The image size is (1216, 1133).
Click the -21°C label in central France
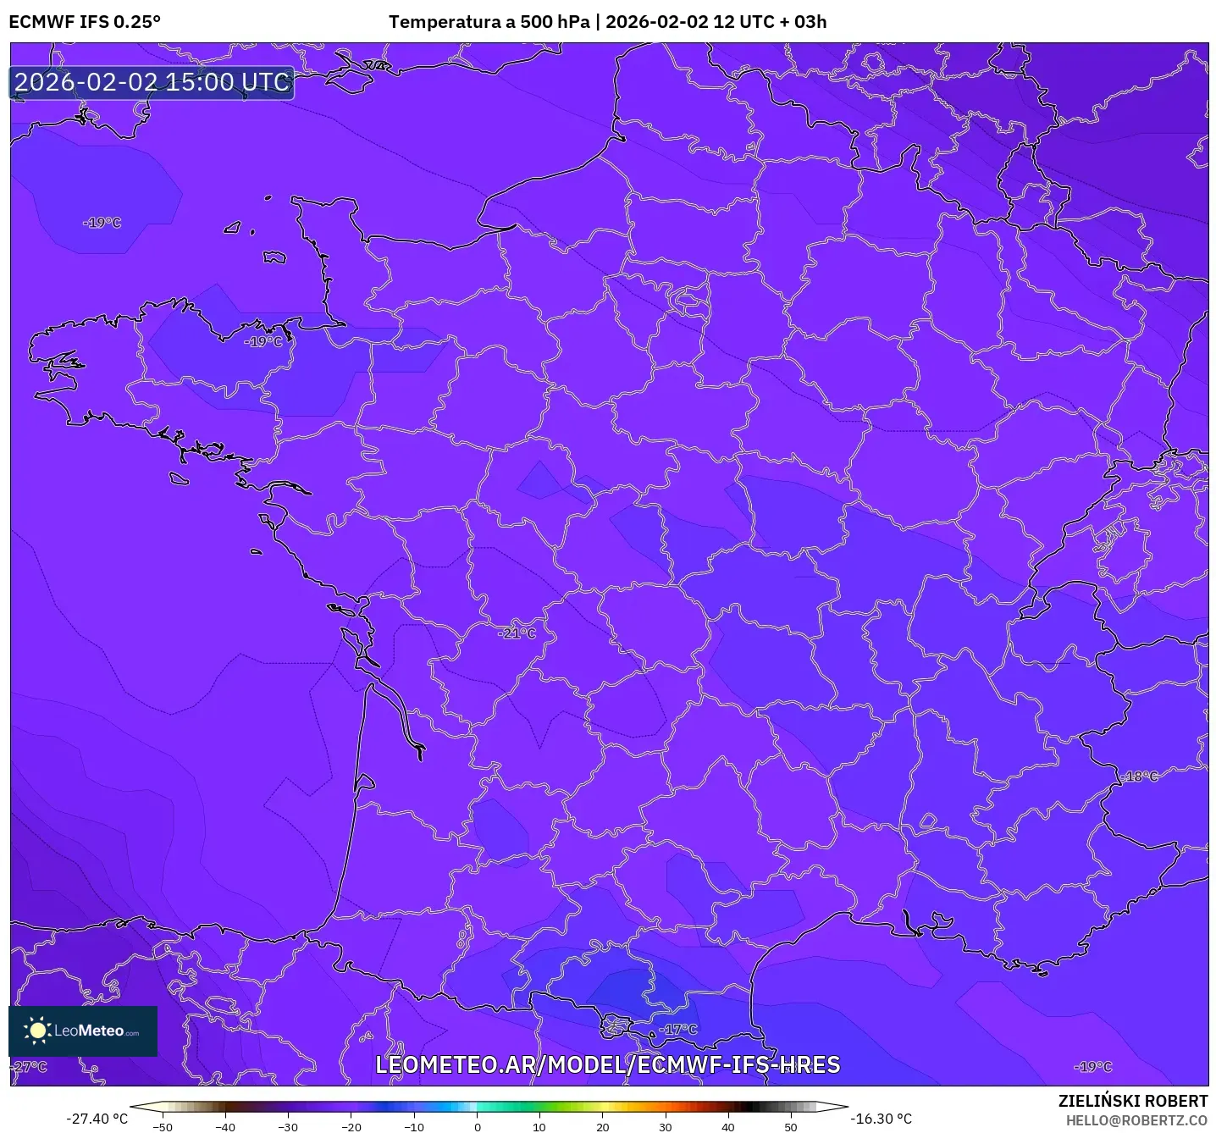click(517, 633)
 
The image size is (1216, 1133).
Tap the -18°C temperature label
click(1140, 776)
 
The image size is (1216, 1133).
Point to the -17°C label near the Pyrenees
click(679, 1029)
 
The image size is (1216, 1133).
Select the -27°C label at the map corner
click(30, 1066)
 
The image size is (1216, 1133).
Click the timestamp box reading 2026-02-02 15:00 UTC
click(152, 82)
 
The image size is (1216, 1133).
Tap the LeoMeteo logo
click(83, 1031)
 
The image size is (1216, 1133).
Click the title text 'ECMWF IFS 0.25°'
click(85, 22)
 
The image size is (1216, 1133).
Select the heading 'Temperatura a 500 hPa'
click(489, 22)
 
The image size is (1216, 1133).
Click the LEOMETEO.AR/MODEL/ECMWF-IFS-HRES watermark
click(607, 1064)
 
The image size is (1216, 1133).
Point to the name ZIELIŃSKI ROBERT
click(1132, 1101)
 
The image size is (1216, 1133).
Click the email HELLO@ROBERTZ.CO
click(1136, 1120)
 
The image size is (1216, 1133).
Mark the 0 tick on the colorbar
click(477, 1126)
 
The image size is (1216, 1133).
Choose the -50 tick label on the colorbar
click(163, 1126)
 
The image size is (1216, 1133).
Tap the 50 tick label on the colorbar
click(790, 1126)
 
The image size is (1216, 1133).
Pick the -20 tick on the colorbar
click(351, 1126)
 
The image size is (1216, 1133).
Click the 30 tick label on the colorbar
click(665, 1126)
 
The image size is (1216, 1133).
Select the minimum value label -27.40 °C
click(97, 1119)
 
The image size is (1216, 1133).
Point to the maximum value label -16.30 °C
click(882, 1119)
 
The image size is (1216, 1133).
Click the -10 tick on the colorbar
click(413, 1126)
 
